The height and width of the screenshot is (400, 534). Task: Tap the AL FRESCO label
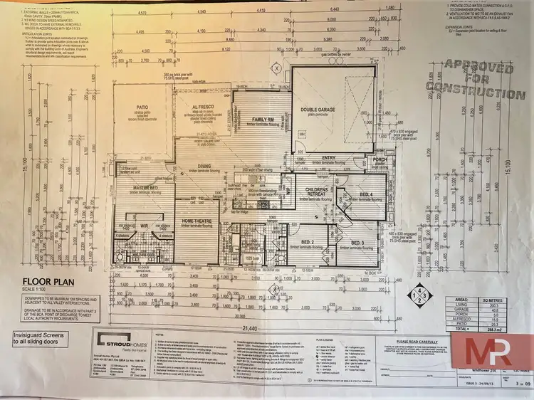[x=199, y=108]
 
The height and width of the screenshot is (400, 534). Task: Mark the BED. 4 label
[x=366, y=194]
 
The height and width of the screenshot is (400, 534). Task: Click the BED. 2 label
[x=308, y=242]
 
